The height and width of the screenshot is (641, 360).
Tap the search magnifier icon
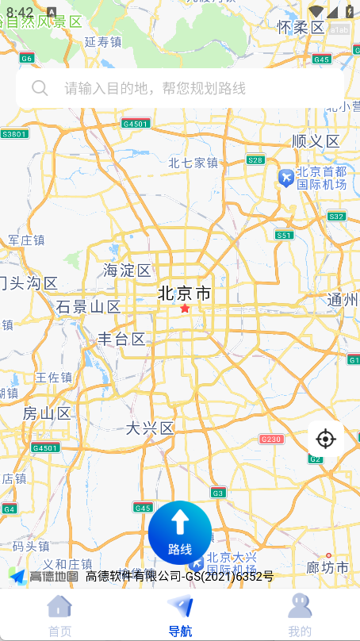tap(40, 88)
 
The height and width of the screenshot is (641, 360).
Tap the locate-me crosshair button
tap(325, 439)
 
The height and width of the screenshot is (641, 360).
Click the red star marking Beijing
tap(186, 308)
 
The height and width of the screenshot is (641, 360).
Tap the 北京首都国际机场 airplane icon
tap(285, 178)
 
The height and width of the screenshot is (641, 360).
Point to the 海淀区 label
tap(127, 271)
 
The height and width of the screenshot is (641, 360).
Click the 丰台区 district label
tap(121, 340)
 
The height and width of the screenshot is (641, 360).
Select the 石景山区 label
tap(88, 307)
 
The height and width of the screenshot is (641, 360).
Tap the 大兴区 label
tap(150, 428)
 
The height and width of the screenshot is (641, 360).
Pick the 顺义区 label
tap(316, 141)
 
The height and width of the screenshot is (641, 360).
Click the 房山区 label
tap(47, 413)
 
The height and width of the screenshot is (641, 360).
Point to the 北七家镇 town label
tap(193, 163)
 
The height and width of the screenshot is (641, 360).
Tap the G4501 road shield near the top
tap(136, 124)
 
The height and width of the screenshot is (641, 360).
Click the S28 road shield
tap(255, 159)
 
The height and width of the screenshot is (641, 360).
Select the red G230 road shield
tap(271, 439)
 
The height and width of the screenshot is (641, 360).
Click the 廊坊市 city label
tap(327, 567)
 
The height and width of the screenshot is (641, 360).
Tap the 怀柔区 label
tap(301, 28)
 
